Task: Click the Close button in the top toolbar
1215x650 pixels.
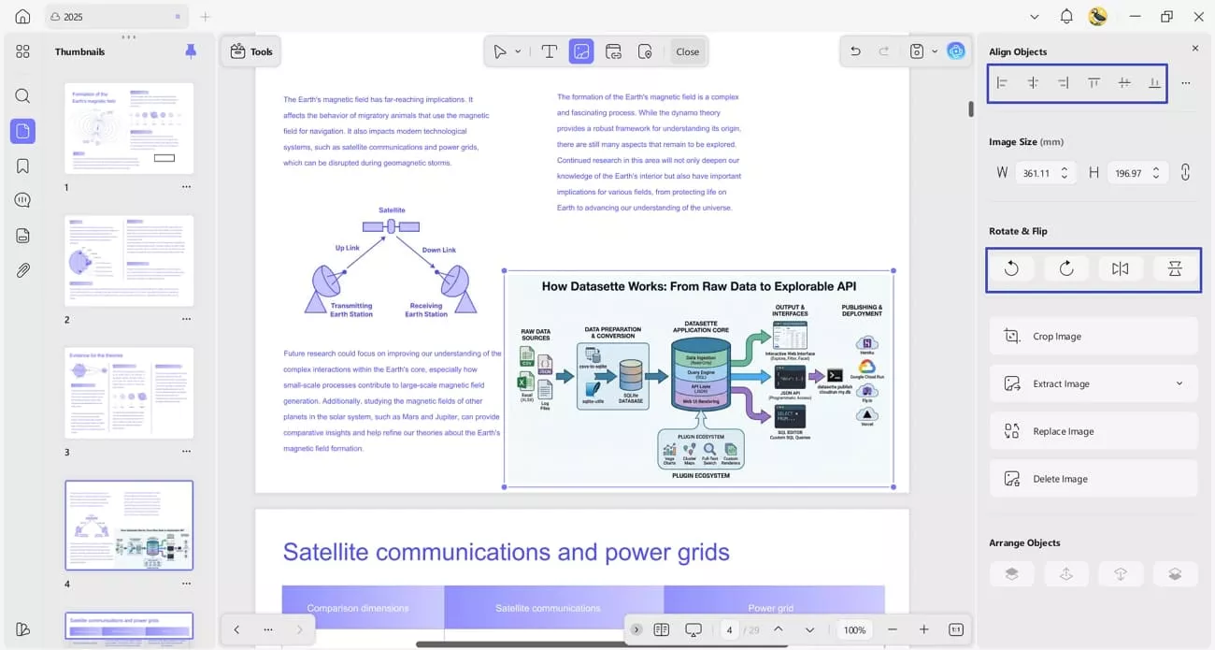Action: pyautogui.click(x=687, y=51)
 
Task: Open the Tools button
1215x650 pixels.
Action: pyautogui.click(x=251, y=51)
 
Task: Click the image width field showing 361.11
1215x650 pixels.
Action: pyautogui.click(x=1037, y=173)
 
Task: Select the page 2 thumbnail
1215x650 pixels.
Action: pyautogui.click(x=129, y=261)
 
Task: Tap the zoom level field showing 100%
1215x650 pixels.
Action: pyautogui.click(x=854, y=630)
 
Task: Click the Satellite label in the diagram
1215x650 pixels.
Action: pyautogui.click(x=392, y=210)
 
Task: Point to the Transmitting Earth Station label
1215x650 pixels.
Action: pyautogui.click(x=351, y=310)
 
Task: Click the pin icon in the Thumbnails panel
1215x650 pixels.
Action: pyautogui.click(x=191, y=51)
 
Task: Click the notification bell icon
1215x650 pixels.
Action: pyautogui.click(x=1066, y=17)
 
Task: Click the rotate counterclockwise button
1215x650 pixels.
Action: pyautogui.click(x=1011, y=269)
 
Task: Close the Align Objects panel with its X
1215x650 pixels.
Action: pyautogui.click(x=1194, y=48)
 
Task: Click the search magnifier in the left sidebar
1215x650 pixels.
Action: pyautogui.click(x=22, y=95)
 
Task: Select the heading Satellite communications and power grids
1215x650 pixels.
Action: pyautogui.click(x=506, y=552)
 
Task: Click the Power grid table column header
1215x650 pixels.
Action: pyautogui.click(x=770, y=608)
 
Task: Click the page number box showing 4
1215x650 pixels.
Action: pyautogui.click(x=728, y=630)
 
